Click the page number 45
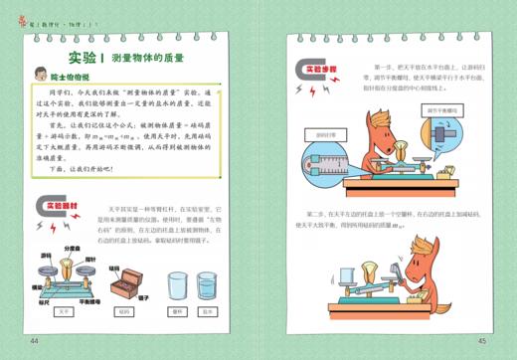pyautogui.click(x=482, y=341)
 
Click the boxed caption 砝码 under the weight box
pyautogui.click(x=123, y=312)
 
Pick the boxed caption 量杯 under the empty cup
pyautogui.click(x=180, y=312)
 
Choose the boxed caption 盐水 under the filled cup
pyautogui.click(x=207, y=312)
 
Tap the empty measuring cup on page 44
pyautogui.click(x=180, y=288)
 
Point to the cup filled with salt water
pyautogui.click(x=207, y=288)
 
